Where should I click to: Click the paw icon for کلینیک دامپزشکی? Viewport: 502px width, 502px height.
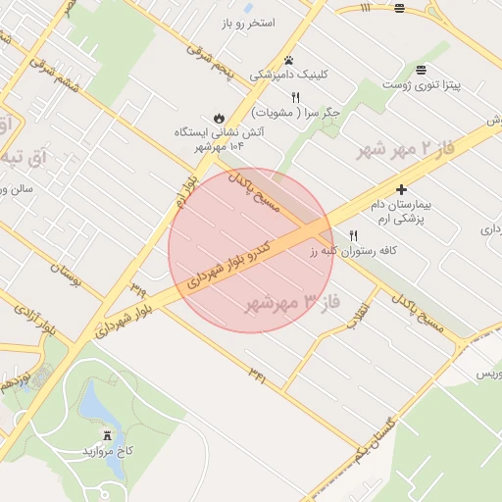tap(288, 60)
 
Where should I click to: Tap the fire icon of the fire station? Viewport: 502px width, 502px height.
tap(219, 114)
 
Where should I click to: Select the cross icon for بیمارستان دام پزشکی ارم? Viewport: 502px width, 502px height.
tap(401, 188)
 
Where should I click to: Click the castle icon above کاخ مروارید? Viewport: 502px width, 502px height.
tap(107, 434)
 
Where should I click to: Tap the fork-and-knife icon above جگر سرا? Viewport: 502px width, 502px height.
tap(295, 95)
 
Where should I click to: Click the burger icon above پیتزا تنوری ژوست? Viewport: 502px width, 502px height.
tap(421, 69)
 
